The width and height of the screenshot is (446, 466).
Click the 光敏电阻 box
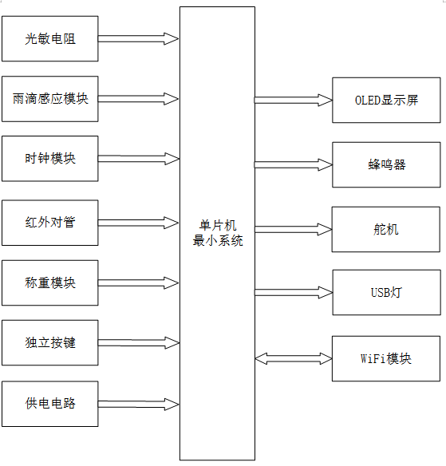(50, 38)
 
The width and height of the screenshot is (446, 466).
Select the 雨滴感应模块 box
(50, 99)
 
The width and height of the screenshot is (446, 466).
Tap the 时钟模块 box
(50, 159)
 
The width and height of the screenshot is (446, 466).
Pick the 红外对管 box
(50, 223)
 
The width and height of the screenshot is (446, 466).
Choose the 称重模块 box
(50, 282)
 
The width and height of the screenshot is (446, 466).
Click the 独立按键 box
(50, 342)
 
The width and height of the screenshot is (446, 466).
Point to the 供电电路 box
(50, 404)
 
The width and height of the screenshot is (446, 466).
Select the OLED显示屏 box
(386, 101)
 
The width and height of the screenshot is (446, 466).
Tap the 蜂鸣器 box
(386, 164)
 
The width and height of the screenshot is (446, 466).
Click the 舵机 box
(385, 230)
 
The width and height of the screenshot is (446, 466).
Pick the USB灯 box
(387, 292)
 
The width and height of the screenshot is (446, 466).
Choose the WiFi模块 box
(386, 358)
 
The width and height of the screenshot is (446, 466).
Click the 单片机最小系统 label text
(218, 233)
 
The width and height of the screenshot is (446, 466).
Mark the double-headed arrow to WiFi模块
(294, 359)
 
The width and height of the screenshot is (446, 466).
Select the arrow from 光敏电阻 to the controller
(138, 38)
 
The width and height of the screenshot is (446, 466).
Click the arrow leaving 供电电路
(138, 405)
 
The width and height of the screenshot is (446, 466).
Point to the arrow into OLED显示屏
(294, 101)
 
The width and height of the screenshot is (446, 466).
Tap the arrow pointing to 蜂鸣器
(294, 164)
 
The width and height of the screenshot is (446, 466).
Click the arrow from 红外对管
(138, 223)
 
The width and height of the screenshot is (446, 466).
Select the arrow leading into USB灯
(294, 292)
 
